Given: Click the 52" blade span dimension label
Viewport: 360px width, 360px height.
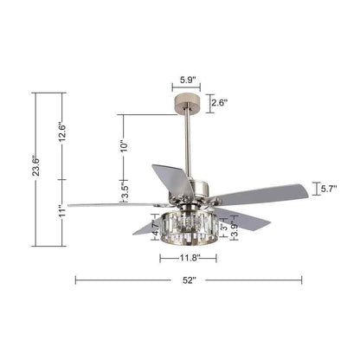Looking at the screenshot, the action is (189, 280).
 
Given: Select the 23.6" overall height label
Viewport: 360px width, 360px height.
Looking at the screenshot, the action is (36, 166).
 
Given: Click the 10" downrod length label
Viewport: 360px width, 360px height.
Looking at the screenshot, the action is (124, 146).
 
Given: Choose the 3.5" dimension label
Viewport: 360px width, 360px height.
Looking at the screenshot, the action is (125, 190).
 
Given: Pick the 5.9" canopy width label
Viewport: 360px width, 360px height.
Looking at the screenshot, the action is (188, 80).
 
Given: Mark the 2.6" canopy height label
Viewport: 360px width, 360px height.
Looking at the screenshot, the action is (220, 102).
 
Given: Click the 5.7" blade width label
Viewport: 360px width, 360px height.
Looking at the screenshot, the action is (329, 189).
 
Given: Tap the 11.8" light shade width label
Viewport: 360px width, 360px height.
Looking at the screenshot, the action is (190, 258).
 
